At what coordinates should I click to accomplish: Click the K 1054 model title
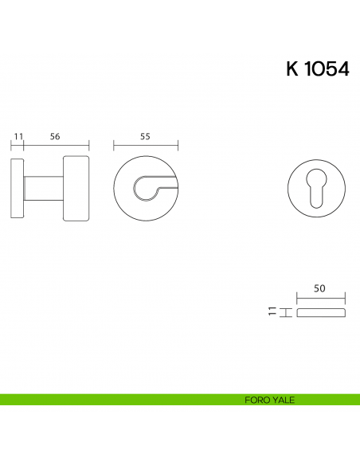click(x=318, y=69)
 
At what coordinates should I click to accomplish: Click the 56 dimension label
click(x=55, y=136)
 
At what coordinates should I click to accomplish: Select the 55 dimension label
click(x=145, y=136)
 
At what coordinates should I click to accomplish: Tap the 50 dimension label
click(x=319, y=288)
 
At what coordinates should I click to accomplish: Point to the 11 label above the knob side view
click(x=18, y=136)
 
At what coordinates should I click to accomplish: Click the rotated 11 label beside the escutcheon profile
click(x=272, y=311)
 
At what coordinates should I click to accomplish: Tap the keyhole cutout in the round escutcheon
click(x=317, y=188)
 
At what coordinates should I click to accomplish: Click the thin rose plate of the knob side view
click(x=18, y=189)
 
